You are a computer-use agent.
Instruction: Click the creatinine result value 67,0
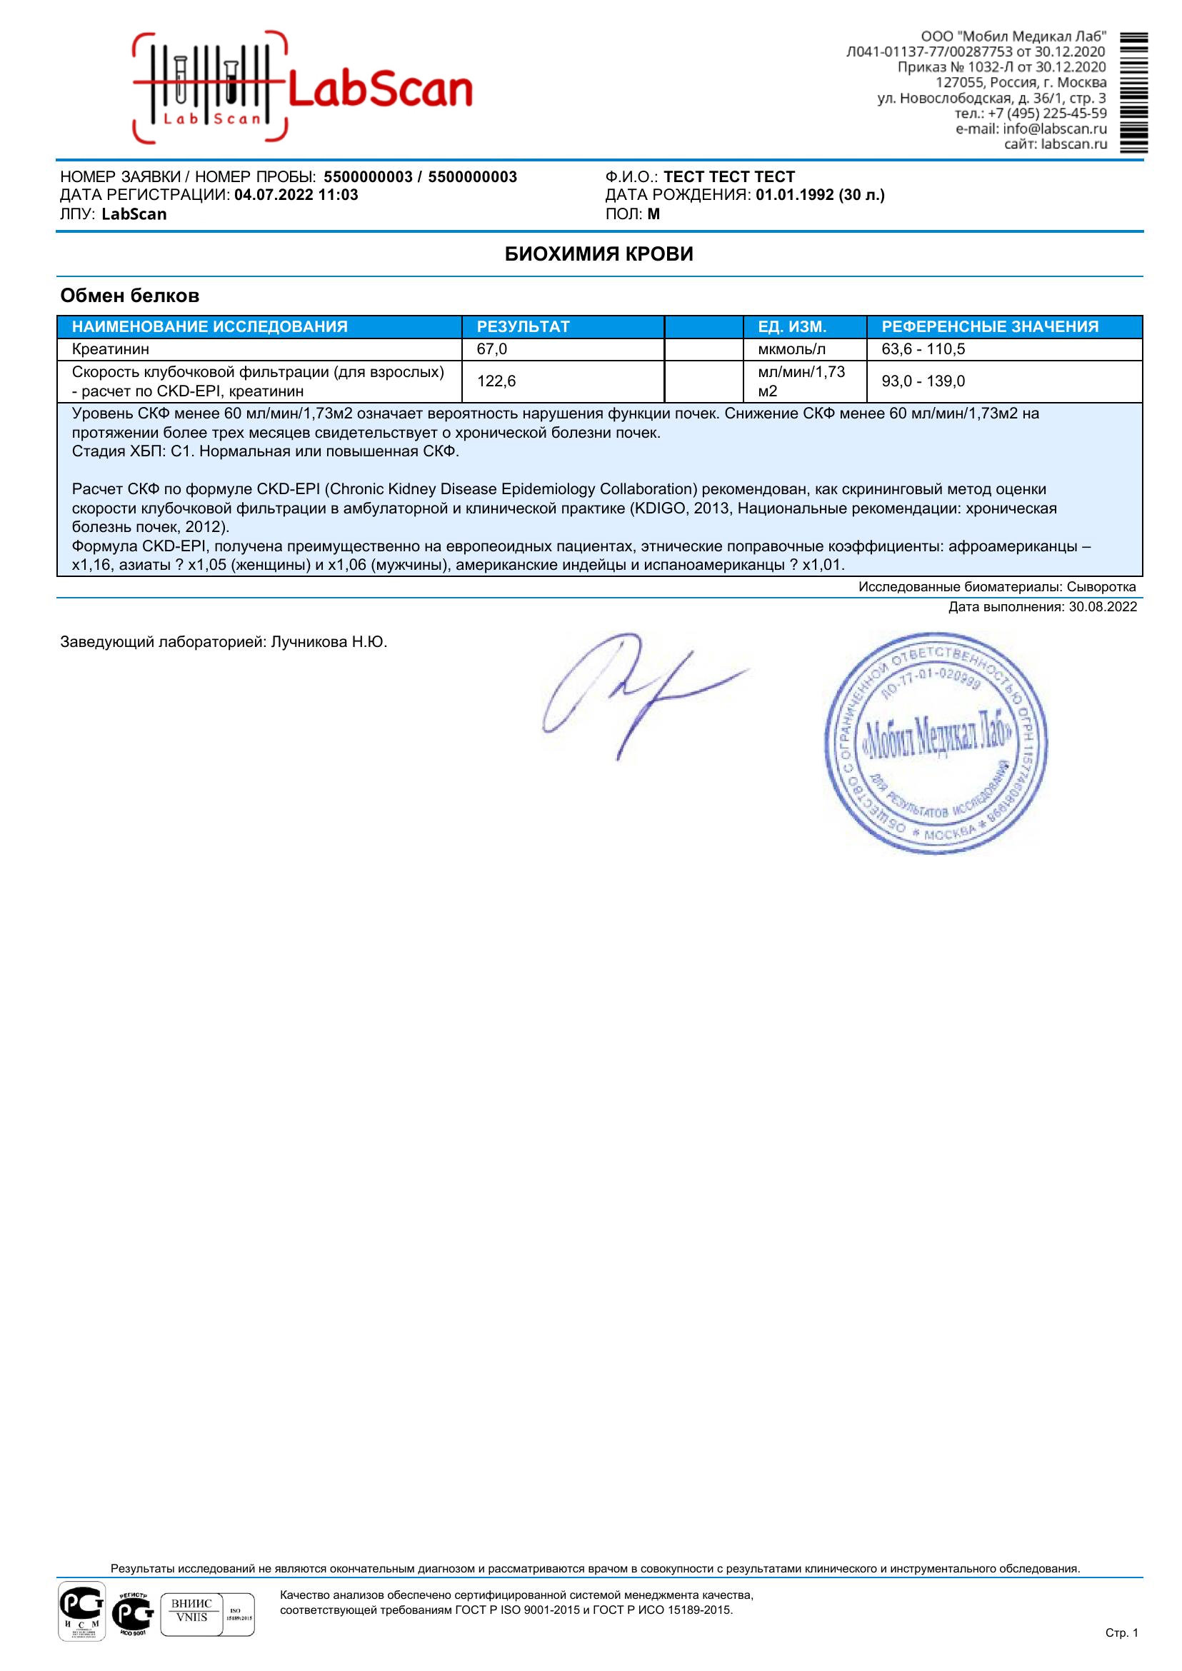(x=492, y=349)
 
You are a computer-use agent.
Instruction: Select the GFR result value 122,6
(x=496, y=381)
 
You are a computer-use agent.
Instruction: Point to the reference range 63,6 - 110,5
(x=923, y=349)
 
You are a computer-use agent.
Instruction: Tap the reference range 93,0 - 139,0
(x=923, y=381)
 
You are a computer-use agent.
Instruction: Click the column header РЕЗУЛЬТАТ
(x=523, y=327)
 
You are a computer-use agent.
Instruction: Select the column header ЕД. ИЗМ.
(x=792, y=327)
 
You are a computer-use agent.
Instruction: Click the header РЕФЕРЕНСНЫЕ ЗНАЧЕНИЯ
(x=990, y=327)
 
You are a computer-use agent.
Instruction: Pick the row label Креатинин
(x=111, y=349)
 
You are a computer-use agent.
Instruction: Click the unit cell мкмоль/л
(x=792, y=349)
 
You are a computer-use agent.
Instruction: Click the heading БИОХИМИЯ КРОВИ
(x=599, y=254)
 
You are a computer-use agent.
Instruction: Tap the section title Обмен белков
(x=129, y=296)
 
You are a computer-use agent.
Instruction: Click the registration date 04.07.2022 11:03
(x=296, y=195)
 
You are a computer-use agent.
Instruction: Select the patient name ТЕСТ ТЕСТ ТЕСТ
(x=729, y=177)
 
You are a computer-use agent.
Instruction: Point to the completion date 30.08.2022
(x=1102, y=607)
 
